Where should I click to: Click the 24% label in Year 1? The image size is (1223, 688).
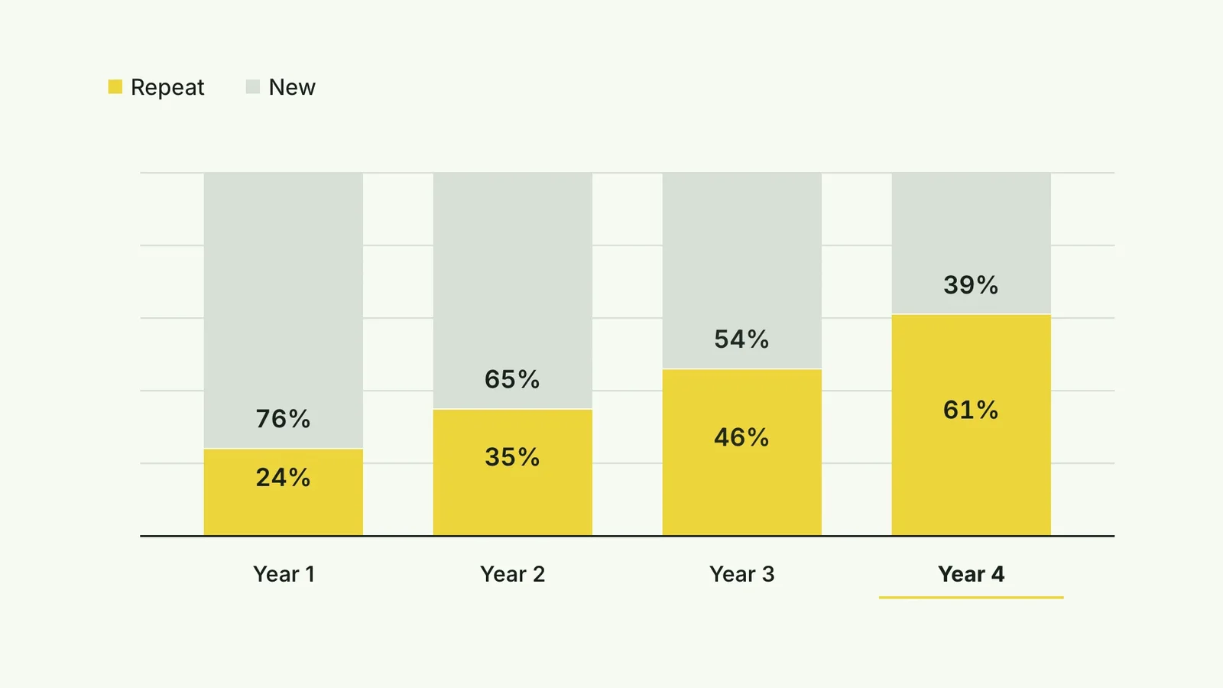(283, 478)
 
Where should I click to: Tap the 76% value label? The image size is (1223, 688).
(283, 419)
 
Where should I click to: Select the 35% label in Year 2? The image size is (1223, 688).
(512, 457)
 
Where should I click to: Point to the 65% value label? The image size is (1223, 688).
(512, 379)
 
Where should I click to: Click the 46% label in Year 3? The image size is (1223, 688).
(741, 437)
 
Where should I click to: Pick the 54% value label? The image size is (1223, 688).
(741, 339)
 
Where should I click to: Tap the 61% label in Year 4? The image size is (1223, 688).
(971, 410)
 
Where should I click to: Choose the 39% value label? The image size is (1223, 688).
(971, 285)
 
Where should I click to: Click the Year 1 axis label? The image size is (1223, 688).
(284, 574)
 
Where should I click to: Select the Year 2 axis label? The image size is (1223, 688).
(513, 574)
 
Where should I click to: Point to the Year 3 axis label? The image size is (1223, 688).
(742, 574)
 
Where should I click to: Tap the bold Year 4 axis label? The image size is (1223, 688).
(972, 574)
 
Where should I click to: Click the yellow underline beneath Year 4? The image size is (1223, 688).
(972, 597)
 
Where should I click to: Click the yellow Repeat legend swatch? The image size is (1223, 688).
(115, 87)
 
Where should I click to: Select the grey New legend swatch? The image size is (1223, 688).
(253, 87)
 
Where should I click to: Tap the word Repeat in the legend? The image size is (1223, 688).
(167, 87)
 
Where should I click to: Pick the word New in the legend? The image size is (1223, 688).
(292, 87)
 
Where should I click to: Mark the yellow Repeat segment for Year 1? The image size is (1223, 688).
(284, 492)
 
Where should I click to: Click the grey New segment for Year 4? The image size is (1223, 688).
(972, 244)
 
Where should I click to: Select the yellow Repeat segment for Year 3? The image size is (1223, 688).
(742, 452)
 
